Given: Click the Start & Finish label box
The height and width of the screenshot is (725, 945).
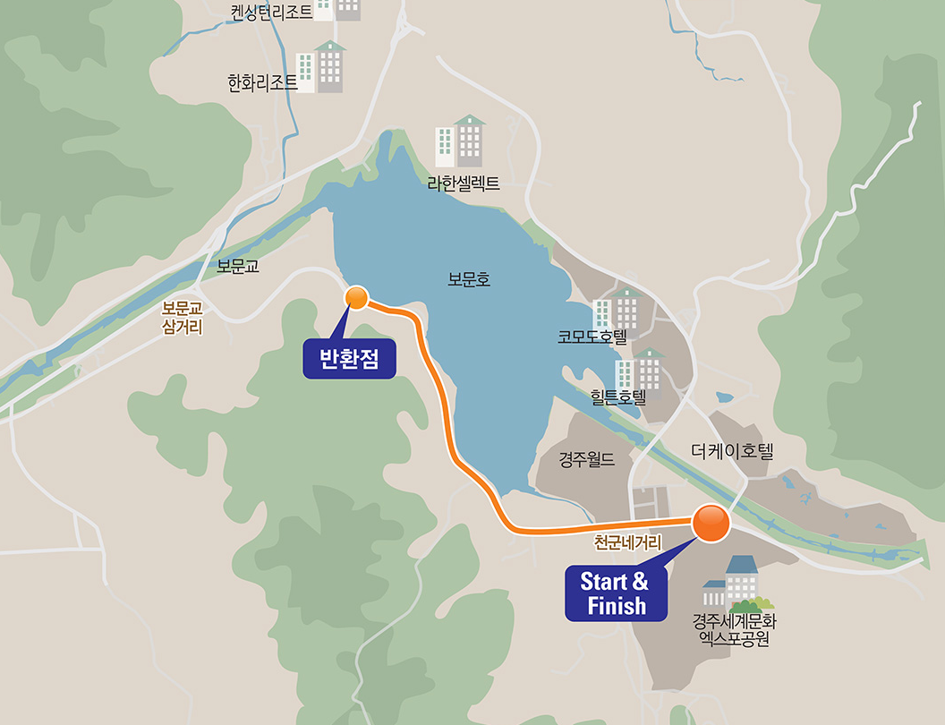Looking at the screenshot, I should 617,593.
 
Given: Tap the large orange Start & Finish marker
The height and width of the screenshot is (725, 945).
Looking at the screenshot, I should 711,524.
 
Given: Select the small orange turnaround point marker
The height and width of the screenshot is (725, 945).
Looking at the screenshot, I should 357,298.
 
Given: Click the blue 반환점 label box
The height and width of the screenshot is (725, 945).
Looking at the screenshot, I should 349,359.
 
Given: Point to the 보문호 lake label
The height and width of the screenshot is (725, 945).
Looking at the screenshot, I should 469,280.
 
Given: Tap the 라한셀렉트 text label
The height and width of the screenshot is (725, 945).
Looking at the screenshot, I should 463,184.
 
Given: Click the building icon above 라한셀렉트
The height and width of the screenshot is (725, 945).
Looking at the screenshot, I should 461,141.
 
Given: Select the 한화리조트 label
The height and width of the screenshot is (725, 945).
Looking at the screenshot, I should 262,83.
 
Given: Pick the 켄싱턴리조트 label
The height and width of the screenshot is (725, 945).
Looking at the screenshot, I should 271,12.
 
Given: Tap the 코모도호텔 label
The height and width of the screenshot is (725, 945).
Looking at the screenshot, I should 592,337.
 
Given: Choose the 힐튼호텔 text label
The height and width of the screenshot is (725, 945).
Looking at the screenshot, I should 617,396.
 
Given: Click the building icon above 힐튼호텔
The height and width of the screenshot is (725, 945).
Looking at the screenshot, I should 640,369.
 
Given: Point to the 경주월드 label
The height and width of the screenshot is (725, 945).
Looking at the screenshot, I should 587,460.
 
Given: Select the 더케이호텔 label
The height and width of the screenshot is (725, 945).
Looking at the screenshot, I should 731,451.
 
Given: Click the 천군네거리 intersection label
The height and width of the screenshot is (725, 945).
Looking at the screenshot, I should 627,542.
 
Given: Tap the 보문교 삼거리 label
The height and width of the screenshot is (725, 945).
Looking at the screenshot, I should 183,317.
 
